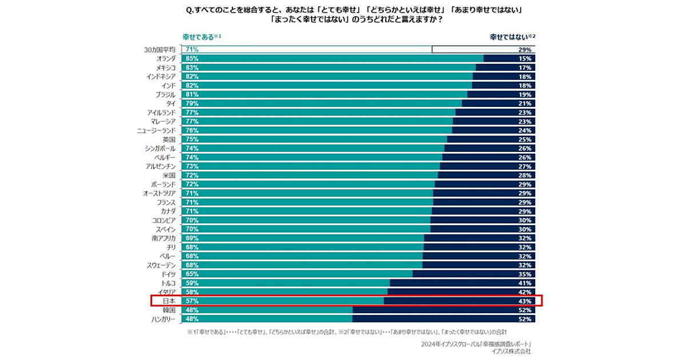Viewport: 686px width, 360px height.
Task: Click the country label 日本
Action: point(169,301)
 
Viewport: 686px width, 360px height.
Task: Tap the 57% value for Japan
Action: point(192,301)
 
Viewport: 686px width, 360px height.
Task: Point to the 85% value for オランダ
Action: point(192,58)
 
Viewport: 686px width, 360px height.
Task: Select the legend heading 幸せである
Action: point(198,37)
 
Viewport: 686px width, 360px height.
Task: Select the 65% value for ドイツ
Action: point(192,274)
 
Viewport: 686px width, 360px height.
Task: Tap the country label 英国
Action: point(169,139)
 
